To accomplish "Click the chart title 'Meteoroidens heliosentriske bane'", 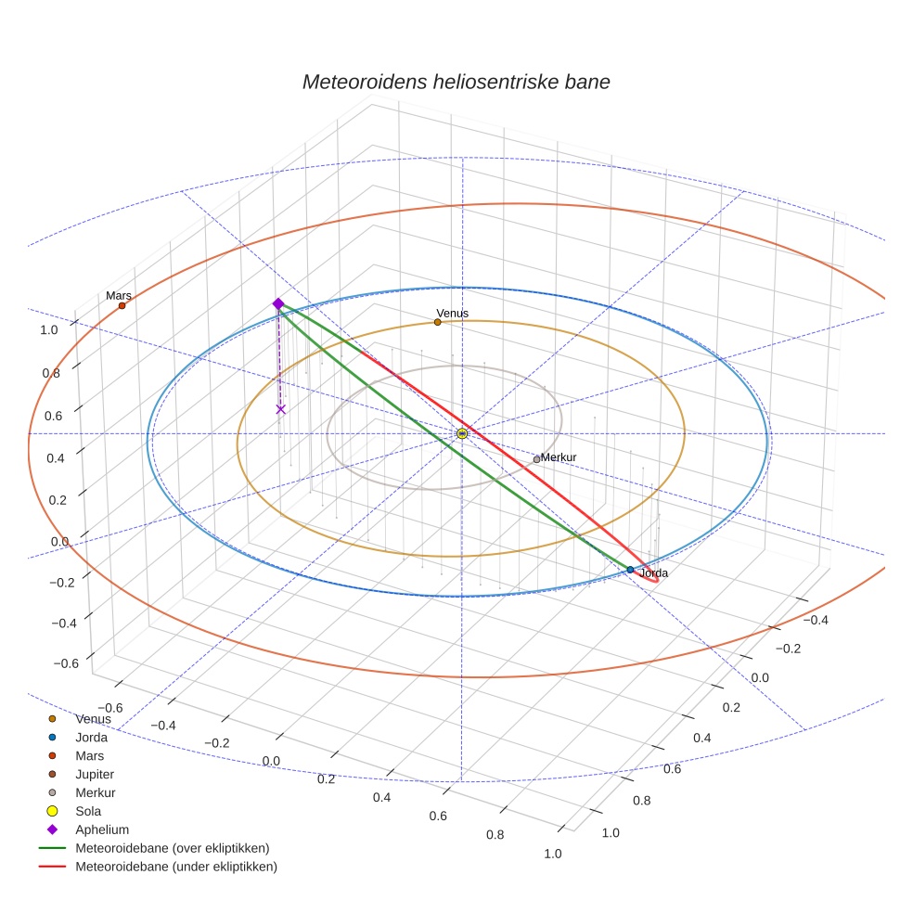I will click(x=456, y=82).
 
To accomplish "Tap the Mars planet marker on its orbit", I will click(x=122, y=305).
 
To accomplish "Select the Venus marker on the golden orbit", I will click(x=437, y=322).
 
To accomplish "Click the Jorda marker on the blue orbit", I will click(x=630, y=570).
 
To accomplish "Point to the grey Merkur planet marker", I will click(x=536, y=459).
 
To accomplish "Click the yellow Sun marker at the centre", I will click(x=462, y=433).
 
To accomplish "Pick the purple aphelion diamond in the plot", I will click(x=277, y=303).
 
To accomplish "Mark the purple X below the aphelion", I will click(x=281, y=409).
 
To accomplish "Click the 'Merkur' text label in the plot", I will click(x=559, y=457).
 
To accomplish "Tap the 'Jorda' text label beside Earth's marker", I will click(x=653, y=573).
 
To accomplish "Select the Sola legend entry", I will click(x=88, y=811).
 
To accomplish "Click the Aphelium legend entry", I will click(x=101, y=829).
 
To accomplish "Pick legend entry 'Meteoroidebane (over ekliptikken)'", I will click(x=172, y=848).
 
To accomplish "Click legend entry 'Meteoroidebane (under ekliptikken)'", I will click(x=175, y=867).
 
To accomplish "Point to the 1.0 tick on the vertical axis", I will click(x=49, y=329).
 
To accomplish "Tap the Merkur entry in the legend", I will click(x=96, y=792).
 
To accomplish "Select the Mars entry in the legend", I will click(x=90, y=755).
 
